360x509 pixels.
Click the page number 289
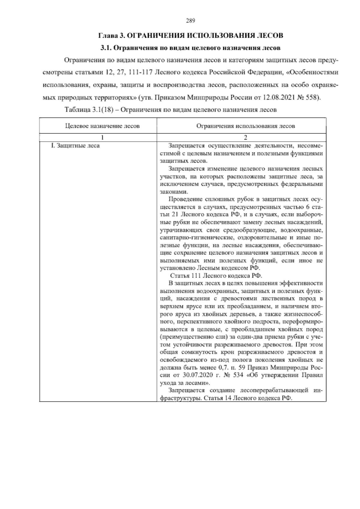pos(191,20)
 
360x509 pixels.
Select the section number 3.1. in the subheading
pos(106,47)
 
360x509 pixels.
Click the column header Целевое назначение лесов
pos(102,126)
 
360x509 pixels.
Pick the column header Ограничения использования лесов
pos(245,126)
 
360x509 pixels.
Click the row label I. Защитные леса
pos(75,146)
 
